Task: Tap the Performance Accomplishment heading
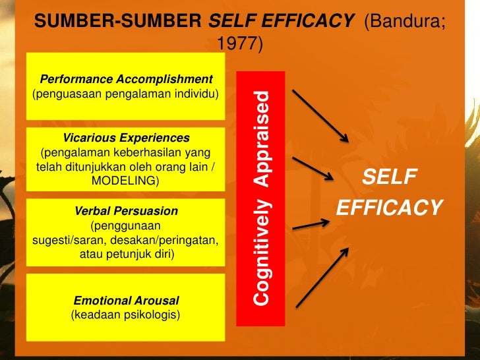(x=127, y=79)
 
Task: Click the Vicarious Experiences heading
(x=127, y=138)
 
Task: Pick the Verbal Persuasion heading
(x=127, y=211)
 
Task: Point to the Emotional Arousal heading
(x=126, y=301)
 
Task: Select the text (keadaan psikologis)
(x=125, y=315)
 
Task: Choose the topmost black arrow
(x=320, y=116)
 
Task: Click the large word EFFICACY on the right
(x=389, y=208)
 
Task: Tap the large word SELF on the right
(x=390, y=177)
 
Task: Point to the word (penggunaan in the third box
(x=125, y=225)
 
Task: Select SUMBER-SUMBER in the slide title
(x=119, y=22)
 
